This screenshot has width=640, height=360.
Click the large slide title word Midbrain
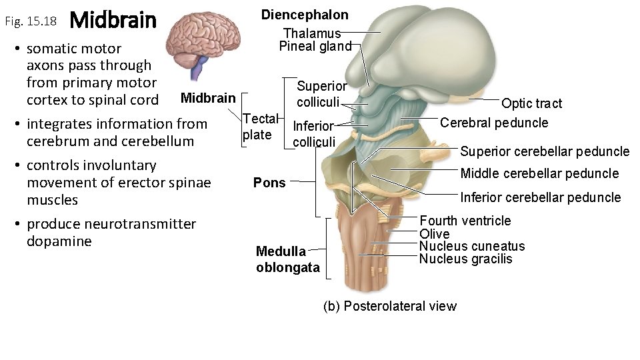(x=113, y=21)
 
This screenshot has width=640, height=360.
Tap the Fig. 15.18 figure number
(x=31, y=21)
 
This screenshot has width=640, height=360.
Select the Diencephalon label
(x=304, y=15)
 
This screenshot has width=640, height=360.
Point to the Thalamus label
(x=312, y=33)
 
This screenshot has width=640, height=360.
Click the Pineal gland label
(x=315, y=46)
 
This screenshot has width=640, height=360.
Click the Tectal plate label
(x=258, y=127)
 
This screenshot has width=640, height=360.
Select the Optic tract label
(x=531, y=103)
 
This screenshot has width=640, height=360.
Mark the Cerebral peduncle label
(x=494, y=123)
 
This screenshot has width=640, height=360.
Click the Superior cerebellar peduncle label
(x=545, y=151)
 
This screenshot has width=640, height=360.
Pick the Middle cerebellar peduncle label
(x=540, y=173)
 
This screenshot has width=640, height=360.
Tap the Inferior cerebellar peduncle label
(x=540, y=197)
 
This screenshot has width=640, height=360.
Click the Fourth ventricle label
(x=465, y=221)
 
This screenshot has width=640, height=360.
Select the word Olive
(x=434, y=233)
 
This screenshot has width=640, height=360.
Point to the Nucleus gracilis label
(x=465, y=259)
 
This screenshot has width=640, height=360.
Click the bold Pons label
(x=269, y=183)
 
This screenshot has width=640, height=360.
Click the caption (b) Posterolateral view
(x=389, y=306)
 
